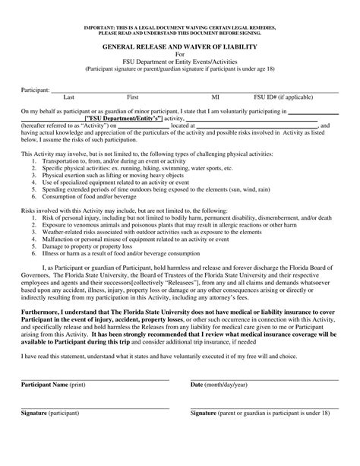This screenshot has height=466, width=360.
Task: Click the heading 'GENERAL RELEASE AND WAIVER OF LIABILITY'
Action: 180,47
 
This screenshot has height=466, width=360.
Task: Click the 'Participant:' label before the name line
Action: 35,90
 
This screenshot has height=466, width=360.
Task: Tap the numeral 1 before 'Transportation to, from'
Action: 34,162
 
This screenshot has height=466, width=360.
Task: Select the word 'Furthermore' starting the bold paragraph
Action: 43,312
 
